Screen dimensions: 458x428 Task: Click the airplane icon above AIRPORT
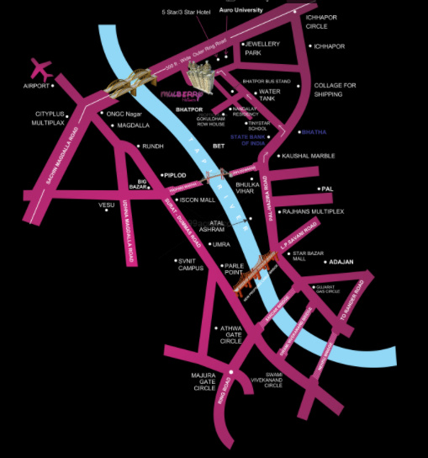(x=40, y=67)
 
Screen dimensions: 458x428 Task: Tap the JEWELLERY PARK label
(x=261, y=49)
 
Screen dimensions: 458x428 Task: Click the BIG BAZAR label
(x=139, y=183)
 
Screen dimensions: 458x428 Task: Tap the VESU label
(x=106, y=205)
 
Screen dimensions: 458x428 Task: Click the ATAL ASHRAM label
(x=219, y=227)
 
